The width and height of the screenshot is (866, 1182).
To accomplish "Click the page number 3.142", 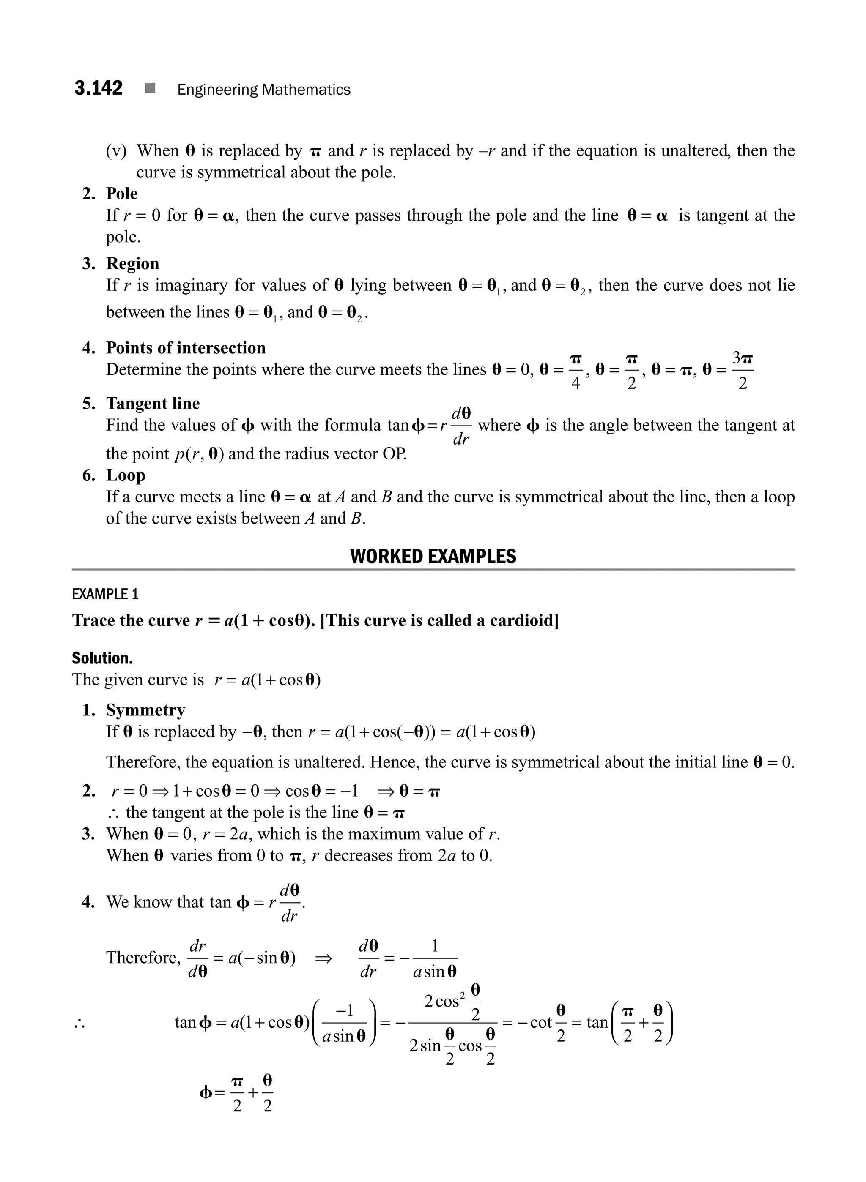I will pyautogui.click(x=98, y=88).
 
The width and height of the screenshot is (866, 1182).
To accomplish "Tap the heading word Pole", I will pyautogui.click(x=122, y=194).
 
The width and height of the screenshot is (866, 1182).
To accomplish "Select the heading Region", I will pyautogui.click(x=133, y=264).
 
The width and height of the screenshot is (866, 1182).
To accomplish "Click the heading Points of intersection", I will pyautogui.click(x=186, y=348).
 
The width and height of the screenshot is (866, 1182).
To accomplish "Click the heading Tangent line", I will pyautogui.click(x=153, y=404).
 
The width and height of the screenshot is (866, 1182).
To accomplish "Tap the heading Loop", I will pyautogui.click(x=126, y=475).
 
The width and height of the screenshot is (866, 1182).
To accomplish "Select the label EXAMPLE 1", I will pyautogui.click(x=105, y=594).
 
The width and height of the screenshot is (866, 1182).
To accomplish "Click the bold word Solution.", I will pyautogui.click(x=102, y=658).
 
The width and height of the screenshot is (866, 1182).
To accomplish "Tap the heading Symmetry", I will pyautogui.click(x=145, y=710).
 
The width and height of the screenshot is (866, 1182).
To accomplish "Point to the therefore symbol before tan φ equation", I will pyautogui.click(x=79, y=1022).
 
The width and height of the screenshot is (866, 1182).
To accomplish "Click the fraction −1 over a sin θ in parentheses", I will pyautogui.click(x=344, y=1022).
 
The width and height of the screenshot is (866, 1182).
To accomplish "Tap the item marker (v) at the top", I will pyautogui.click(x=116, y=151).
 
